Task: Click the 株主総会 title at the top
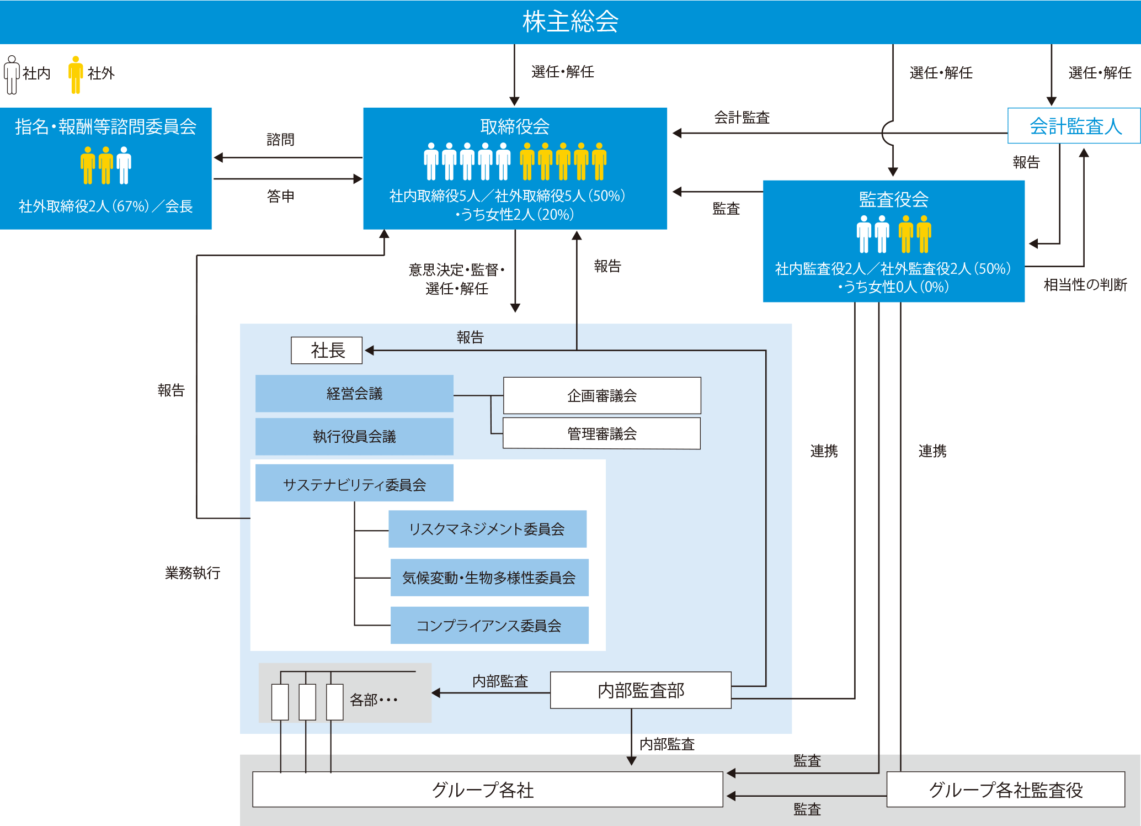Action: coord(570,22)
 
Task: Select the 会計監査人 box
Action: coord(1074,126)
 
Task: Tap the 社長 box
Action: coord(327,350)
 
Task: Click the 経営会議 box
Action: coord(354,394)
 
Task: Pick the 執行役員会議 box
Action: coord(354,437)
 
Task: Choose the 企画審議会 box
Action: coord(602,396)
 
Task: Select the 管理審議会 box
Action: coord(601,433)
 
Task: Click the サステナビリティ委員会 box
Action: coord(354,484)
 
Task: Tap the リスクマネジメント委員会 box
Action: coord(487,529)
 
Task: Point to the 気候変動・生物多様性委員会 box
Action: coord(489,578)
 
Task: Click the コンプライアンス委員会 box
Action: coord(489,626)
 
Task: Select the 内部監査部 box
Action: coord(641,690)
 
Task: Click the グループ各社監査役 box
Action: coord(1005,790)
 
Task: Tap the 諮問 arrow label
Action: coord(280,140)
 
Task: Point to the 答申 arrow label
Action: coord(280,196)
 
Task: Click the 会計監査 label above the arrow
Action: coord(742,118)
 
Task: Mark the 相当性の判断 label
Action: coord(1085,285)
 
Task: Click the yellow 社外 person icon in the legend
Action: coord(76,75)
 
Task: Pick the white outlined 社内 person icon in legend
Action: coord(12,75)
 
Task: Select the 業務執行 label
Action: coord(193,573)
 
